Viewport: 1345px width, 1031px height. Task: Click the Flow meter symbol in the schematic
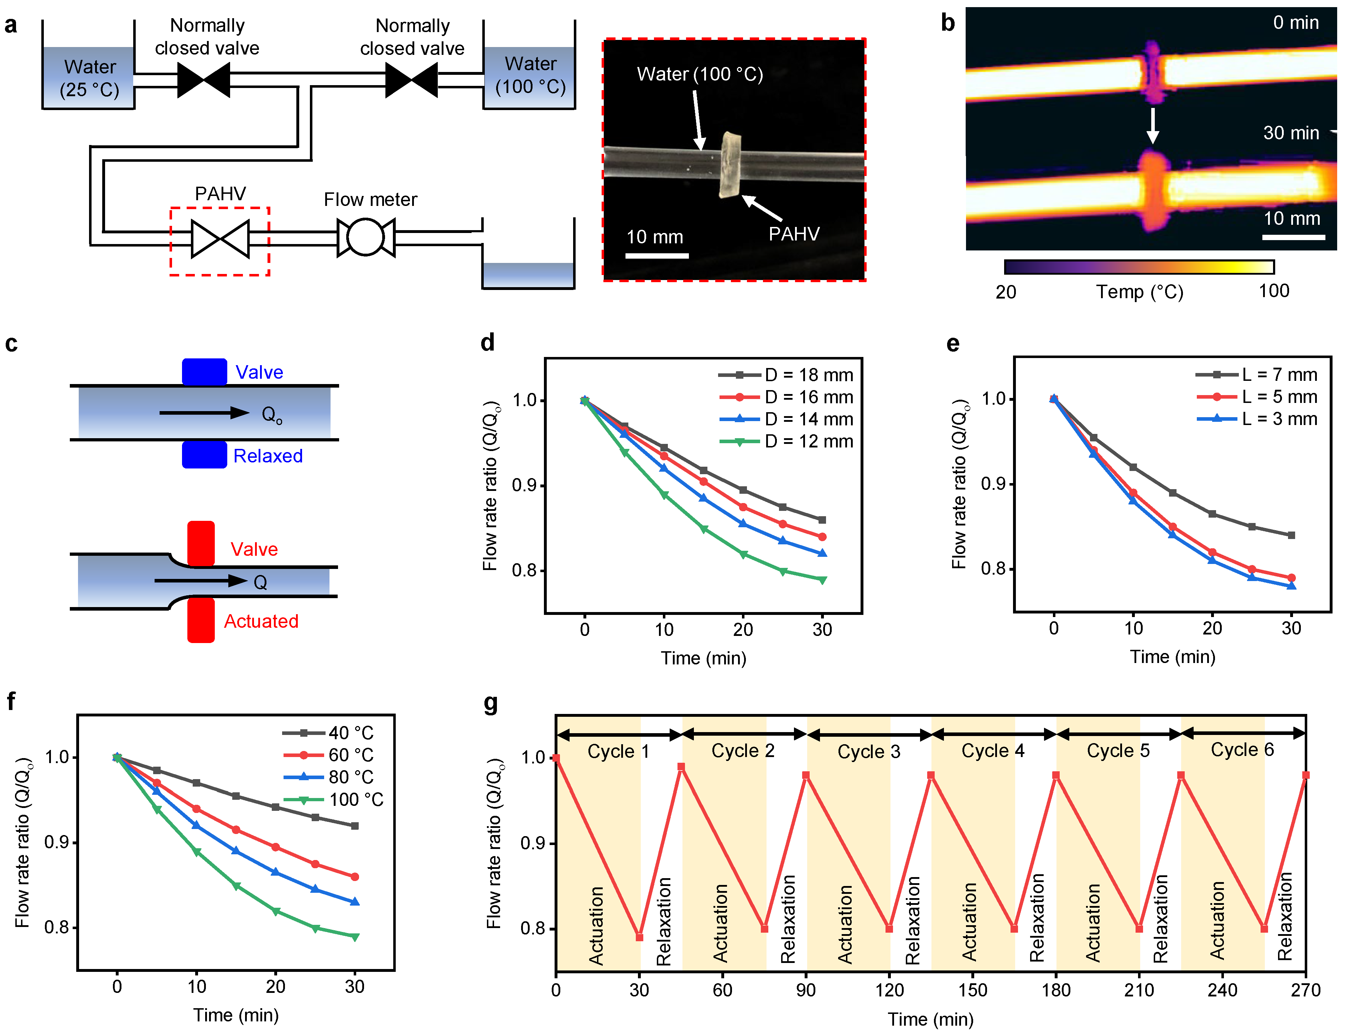tap(366, 238)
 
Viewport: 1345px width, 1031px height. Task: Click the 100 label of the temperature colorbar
tap(1274, 291)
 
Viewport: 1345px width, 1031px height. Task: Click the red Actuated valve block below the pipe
tap(201, 621)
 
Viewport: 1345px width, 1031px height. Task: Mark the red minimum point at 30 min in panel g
tap(639, 937)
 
